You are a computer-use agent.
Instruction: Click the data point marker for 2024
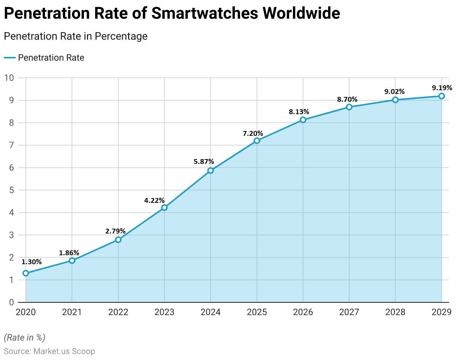coord(211,171)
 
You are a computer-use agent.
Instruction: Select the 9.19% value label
coord(442,88)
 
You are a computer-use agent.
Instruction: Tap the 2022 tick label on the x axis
coord(118,312)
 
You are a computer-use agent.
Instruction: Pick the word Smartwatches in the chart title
coord(205,13)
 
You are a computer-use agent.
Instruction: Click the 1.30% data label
coord(31,262)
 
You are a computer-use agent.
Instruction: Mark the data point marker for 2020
coord(26,273)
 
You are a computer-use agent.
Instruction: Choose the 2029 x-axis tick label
coord(441,312)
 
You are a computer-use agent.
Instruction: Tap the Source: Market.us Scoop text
coord(49,351)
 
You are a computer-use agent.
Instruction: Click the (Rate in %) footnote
coord(24,338)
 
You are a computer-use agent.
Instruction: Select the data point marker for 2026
coord(303,120)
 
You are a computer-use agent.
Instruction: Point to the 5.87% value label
coord(204,162)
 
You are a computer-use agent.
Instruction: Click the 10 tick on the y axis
coord(9,78)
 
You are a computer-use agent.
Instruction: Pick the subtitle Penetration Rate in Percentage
coord(76,36)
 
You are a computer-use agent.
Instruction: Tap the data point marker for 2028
coord(395,100)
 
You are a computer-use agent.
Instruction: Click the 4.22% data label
coord(154,201)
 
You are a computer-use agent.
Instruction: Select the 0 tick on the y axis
coord(12,302)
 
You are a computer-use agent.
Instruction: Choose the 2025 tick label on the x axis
coord(257,312)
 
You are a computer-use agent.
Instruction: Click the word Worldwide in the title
coord(301,13)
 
